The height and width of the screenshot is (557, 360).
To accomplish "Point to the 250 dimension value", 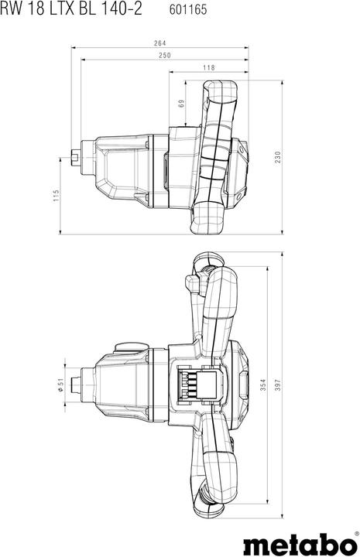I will tap(164, 56).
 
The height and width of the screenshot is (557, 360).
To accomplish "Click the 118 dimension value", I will tap(209, 68).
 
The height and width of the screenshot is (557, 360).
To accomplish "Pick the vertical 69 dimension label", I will tap(180, 103).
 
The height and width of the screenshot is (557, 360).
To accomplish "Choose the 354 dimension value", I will tap(262, 384).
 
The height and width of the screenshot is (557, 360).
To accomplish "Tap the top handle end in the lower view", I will tap(205, 267).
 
